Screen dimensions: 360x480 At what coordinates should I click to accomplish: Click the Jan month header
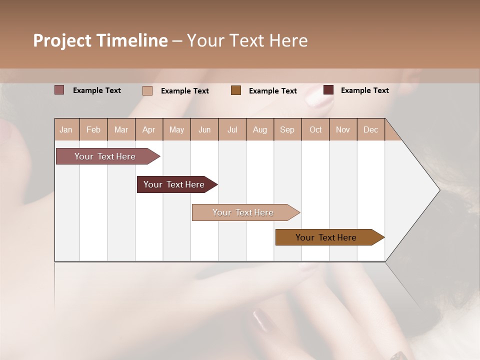66,129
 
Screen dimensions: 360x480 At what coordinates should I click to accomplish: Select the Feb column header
93,129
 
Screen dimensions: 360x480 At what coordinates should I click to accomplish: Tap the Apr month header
149,129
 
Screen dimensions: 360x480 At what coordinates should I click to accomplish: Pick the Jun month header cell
204,129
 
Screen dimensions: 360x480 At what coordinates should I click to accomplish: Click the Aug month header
260,129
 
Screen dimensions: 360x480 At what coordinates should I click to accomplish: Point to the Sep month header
287,129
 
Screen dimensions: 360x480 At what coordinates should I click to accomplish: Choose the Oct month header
315,129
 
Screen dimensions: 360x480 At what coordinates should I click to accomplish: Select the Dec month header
371,129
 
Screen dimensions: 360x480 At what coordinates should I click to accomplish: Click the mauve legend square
59,90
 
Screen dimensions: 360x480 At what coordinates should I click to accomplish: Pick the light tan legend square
147,90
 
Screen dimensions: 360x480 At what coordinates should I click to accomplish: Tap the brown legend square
236,90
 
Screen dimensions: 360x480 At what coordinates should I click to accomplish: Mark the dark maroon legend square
328,90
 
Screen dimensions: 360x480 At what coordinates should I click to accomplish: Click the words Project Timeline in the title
100,40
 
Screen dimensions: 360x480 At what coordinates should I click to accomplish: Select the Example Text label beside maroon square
364,90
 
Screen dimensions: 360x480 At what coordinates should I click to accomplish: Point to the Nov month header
343,129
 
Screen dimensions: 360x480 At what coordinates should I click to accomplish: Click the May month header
176,129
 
